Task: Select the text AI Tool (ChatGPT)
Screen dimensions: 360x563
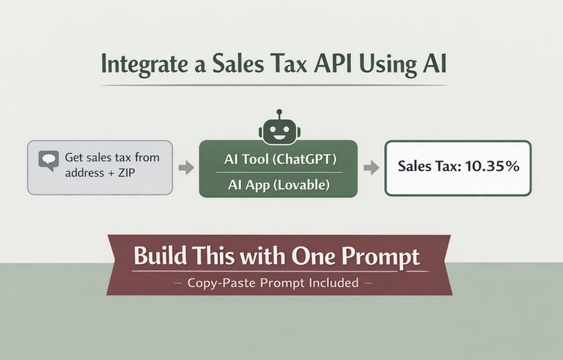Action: pos(279,160)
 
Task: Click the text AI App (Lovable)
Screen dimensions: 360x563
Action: pos(278,186)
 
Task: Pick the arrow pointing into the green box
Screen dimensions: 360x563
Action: pos(186,168)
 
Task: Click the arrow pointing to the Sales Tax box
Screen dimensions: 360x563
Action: pos(371,168)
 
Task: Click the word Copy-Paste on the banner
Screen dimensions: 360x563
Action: pos(216,284)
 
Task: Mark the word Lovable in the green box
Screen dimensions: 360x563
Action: pos(301,186)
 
